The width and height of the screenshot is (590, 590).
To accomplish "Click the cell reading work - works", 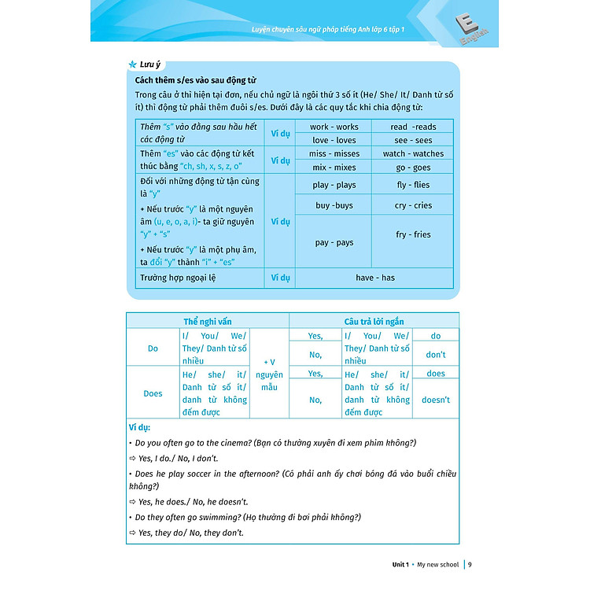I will tap(334, 127).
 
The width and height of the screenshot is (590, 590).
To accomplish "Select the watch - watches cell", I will tap(413, 153).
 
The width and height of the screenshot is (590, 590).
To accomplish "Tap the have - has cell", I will tap(374, 278).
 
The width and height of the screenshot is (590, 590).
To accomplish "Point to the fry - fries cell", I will tap(413, 234).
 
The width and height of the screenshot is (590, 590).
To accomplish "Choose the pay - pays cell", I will tap(334, 242).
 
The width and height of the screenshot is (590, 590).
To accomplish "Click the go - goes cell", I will tap(413, 168).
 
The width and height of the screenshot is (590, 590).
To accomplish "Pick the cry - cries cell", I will tap(413, 205).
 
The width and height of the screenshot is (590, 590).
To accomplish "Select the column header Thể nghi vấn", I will tap(208, 322).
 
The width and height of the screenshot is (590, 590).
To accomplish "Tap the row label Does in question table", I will tap(153, 393).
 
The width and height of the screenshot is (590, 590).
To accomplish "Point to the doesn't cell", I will tap(436, 400).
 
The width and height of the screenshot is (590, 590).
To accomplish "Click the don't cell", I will tap(436, 354).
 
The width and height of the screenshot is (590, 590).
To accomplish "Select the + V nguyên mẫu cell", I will tap(269, 374).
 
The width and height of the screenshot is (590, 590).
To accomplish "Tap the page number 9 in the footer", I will tap(470, 563).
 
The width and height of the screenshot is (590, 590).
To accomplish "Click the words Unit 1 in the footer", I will tap(401, 564).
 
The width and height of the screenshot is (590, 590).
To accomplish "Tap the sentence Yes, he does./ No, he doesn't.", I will tap(192, 501).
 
